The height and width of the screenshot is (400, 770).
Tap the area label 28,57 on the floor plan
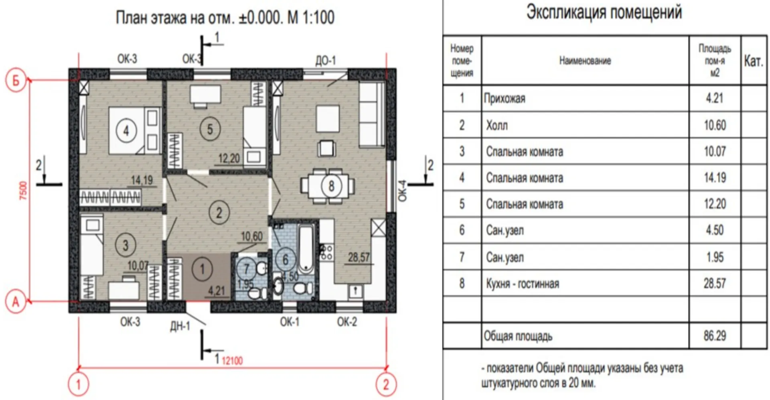point(359,257)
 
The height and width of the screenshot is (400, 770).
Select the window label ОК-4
point(402,191)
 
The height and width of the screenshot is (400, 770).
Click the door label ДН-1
point(180,326)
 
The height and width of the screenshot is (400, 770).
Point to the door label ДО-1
point(325,61)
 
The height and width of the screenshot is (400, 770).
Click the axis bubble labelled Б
point(16,80)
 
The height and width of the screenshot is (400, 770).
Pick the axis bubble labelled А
point(16,302)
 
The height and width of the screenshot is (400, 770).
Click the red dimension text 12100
point(232,361)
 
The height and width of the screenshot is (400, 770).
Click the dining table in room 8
point(328,186)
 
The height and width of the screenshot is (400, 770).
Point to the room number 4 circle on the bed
point(126,130)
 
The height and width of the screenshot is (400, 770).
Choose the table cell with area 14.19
point(715,177)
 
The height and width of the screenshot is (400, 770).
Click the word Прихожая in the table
point(504,99)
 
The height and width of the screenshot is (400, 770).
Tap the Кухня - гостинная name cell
point(522,284)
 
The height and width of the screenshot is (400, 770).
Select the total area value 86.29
point(715,336)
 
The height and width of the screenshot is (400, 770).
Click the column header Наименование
point(585,61)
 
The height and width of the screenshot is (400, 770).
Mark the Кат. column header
point(753,61)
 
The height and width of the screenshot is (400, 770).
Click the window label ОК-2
point(347,322)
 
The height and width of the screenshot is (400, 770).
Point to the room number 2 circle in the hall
point(219,213)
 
